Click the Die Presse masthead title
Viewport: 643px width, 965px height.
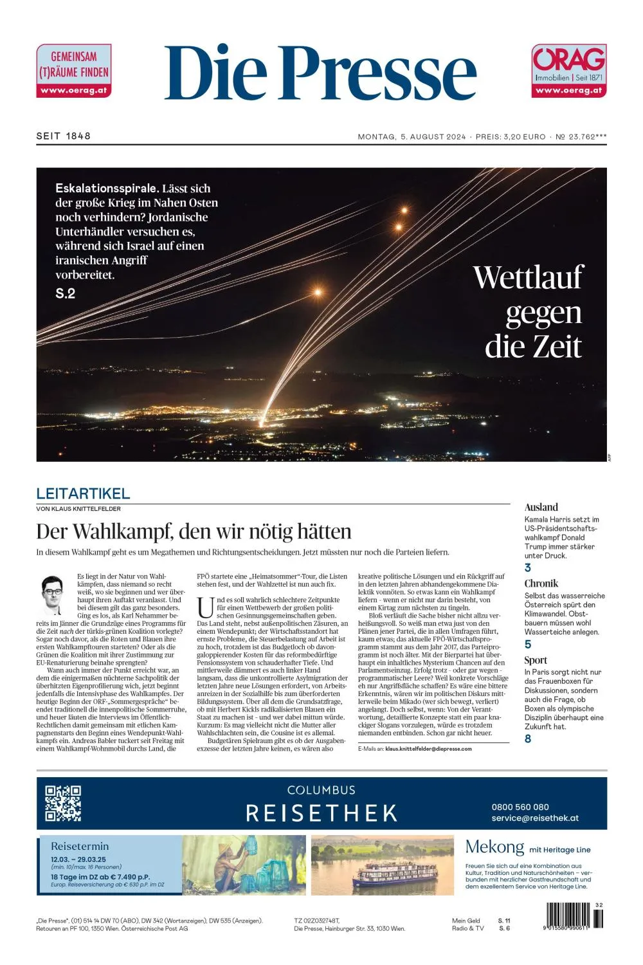(320, 72)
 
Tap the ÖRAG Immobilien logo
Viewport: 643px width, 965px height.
(569, 71)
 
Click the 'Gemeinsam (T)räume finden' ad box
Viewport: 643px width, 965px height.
(74, 71)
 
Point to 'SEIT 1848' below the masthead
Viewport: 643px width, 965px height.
(64, 136)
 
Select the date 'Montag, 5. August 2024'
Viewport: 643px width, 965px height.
(412, 136)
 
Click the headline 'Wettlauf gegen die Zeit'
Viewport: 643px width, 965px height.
(529, 311)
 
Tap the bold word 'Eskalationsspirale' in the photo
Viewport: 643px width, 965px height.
(107, 188)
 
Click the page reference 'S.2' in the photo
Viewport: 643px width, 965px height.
(66, 293)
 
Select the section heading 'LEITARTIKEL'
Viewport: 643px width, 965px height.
(83, 493)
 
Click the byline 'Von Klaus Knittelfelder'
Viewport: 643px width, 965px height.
(78, 509)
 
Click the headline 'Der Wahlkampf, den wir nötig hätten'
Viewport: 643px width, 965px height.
(194, 531)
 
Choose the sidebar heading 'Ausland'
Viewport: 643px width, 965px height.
(541, 507)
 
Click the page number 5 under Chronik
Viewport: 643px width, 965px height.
(528, 644)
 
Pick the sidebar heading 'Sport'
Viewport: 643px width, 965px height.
(536, 660)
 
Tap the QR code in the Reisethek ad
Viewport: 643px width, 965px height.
(63, 804)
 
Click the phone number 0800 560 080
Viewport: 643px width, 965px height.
(520, 807)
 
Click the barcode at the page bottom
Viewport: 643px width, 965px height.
(574, 915)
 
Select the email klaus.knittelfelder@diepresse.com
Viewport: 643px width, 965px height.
(428, 749)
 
